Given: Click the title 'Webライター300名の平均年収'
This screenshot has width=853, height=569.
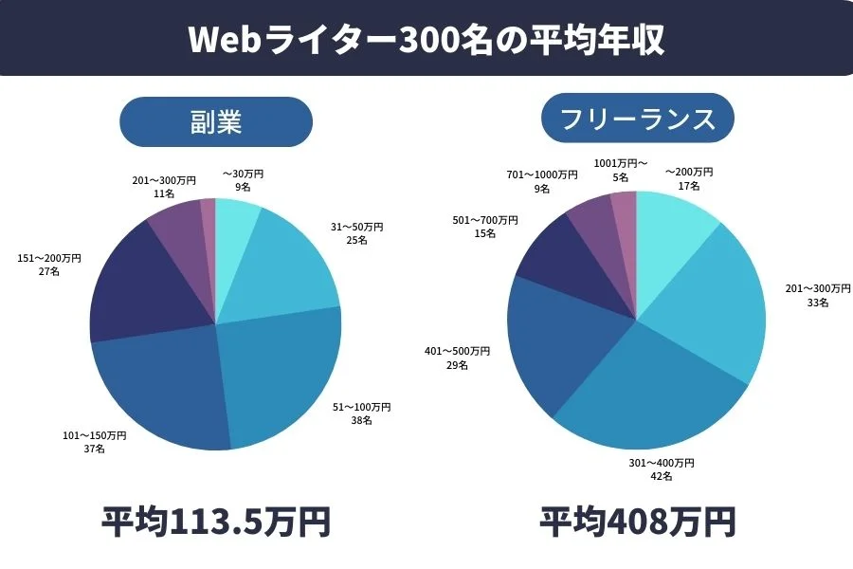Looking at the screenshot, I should point(426,39).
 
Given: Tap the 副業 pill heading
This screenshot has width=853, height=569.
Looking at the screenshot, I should point(216,121).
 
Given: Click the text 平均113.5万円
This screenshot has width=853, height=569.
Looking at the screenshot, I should point(216,522).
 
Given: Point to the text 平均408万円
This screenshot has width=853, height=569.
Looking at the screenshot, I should point(637,522).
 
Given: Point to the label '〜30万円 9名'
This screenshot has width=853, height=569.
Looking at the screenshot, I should point(243,180).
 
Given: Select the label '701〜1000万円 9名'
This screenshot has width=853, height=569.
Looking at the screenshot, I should point(541,181).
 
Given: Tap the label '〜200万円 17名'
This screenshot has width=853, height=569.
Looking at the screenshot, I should point(688,178).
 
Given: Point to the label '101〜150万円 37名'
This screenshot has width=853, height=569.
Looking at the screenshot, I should point(94,442).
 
